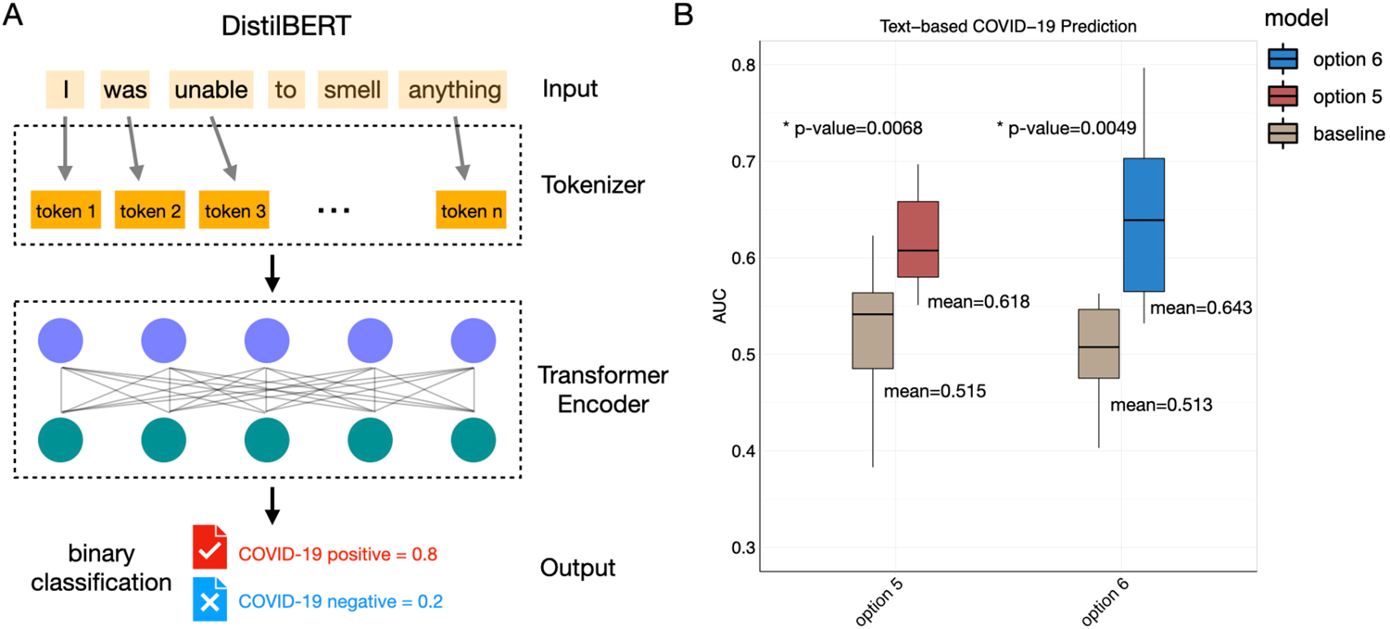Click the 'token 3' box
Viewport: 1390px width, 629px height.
point(235,211)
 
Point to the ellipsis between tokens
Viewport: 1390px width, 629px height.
point(333,211)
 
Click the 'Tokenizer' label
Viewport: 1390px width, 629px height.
point(592,185)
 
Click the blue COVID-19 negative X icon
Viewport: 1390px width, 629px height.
point(208,599)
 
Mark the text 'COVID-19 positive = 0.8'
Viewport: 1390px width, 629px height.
point(337,554)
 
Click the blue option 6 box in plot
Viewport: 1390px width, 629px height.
point(1144,224)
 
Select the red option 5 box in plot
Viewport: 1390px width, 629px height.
point(919,239)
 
